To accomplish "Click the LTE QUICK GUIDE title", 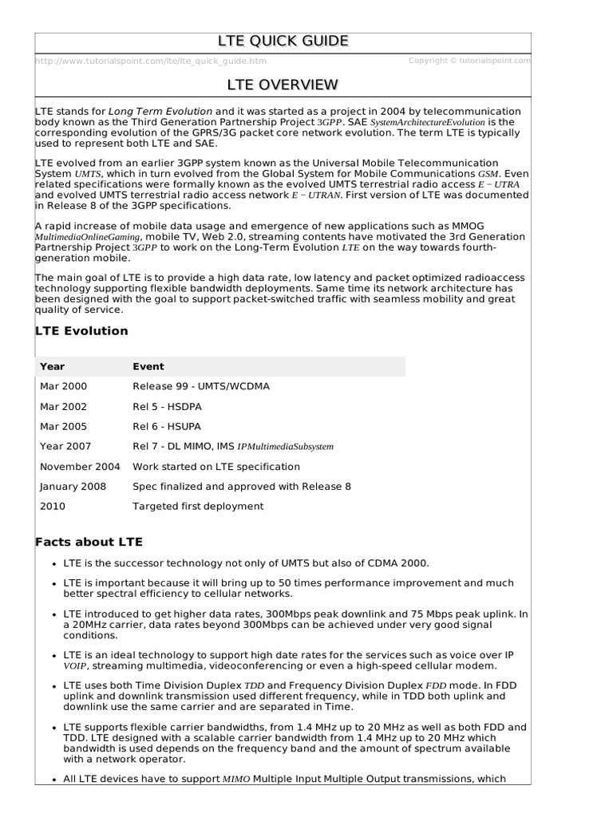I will (x=283, y=41).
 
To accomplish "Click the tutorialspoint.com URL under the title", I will (x=152, y=61).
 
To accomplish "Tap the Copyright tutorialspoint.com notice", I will (x=469, y=61).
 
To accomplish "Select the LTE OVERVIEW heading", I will (x=283, y=85).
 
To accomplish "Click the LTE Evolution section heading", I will (x=81, y=331).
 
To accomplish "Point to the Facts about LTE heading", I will (x=89, y=543).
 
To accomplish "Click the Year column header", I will (x=53, y=367).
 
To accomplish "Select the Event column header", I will (x=148, y=367).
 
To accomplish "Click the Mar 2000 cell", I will (x=64, y=387).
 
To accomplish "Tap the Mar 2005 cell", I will (x=64, y=427).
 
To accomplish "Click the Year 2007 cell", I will (x=65, y=447).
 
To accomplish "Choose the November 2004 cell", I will (x=80, y=467).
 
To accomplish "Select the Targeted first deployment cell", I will (x=198, y=507).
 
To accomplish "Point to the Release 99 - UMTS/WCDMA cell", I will (x=201, y=387).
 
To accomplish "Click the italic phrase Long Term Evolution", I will (x=160, y=111).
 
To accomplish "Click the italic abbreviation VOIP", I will (x=75, y=666).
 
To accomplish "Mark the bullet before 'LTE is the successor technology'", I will (x=53, y=563).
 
